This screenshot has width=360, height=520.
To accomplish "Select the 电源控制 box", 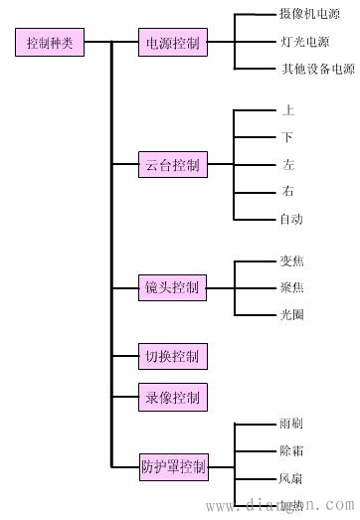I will coord(172,44).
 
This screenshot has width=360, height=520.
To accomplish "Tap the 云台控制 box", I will coord(172,166).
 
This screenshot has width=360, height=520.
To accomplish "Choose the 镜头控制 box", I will coord(172,288).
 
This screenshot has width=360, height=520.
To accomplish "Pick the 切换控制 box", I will coord(172,355).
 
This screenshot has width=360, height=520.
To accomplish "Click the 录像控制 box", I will coord(172,398).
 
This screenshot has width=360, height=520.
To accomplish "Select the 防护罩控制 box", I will coord(174,464).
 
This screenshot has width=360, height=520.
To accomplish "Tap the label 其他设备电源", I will coord(317,70).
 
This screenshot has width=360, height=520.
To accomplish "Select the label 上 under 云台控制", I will coord(288,110).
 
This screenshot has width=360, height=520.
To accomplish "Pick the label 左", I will coord(288,165).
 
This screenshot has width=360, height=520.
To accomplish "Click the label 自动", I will coord(292,219).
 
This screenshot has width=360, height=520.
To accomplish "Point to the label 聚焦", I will coord(292,288).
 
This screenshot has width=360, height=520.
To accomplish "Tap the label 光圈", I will coord(292,315).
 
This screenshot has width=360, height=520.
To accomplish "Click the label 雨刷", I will coord(292,425).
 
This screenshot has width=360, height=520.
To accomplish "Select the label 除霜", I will coord(292,451).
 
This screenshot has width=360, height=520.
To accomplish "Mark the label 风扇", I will coord(292,478).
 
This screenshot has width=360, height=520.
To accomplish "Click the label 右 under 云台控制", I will coord(288,192).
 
